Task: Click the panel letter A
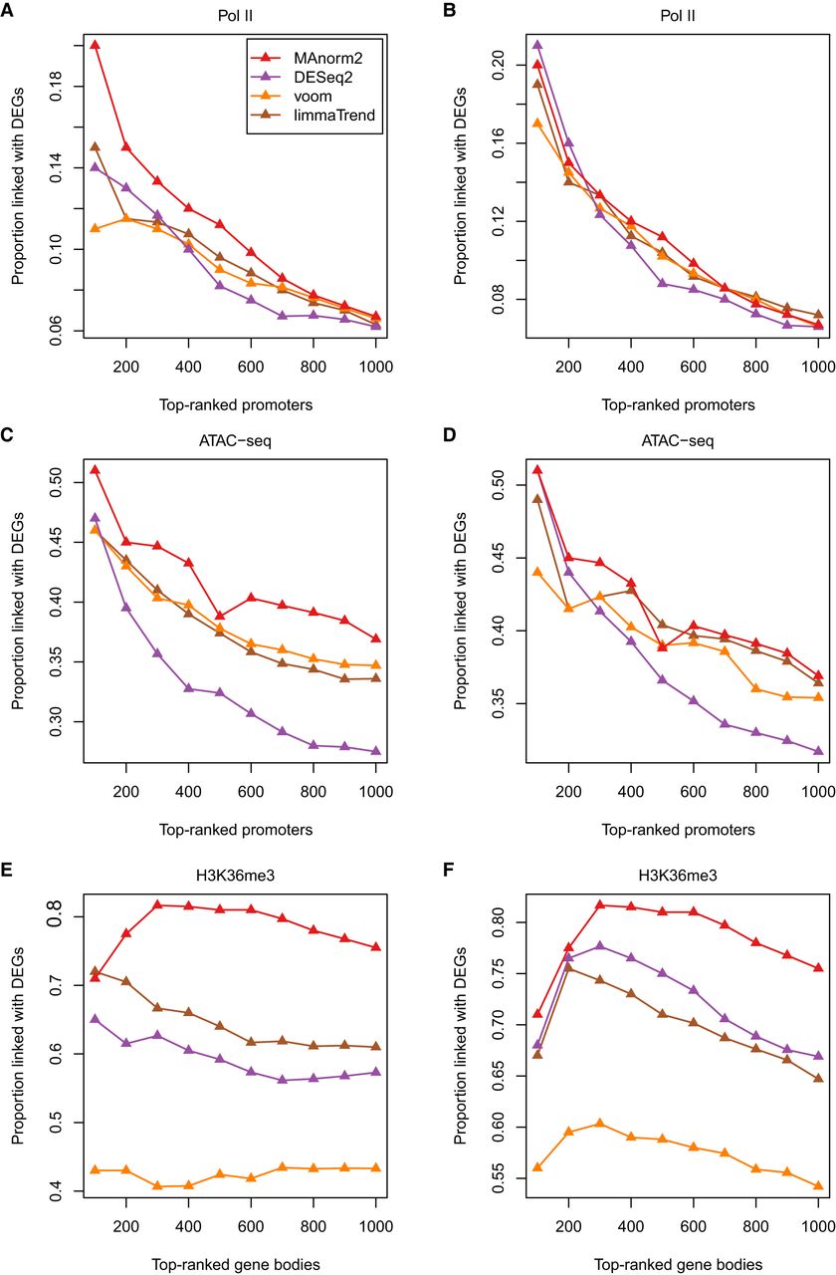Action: (8, 11)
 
